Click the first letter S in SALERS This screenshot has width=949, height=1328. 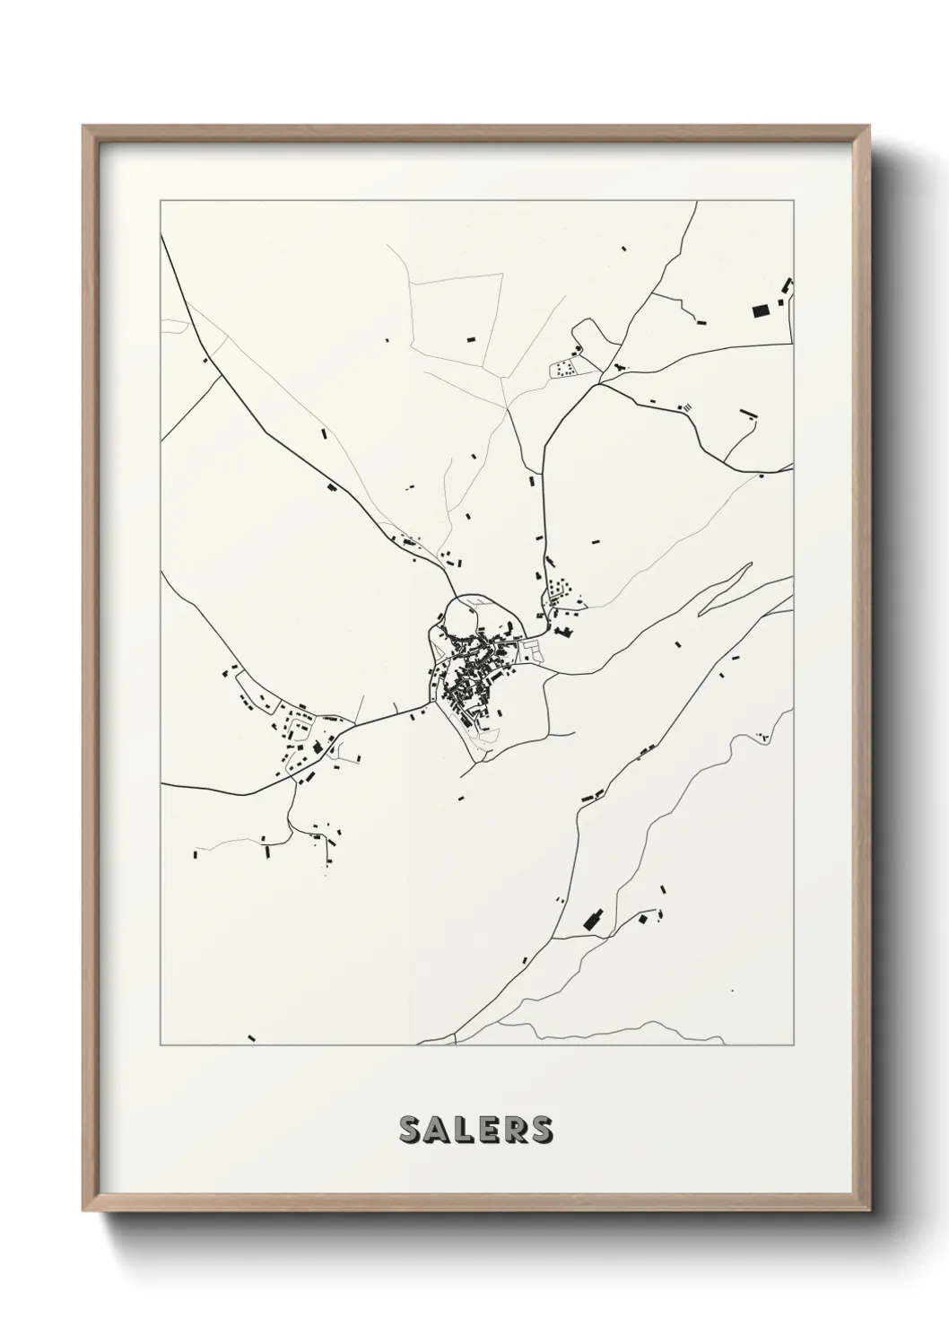(x=410, y=1130)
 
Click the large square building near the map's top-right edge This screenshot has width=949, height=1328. (x=760, y=310)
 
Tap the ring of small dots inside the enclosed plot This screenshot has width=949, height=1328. (x=563, y=368)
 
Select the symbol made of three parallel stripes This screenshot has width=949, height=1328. (x=686, y=406)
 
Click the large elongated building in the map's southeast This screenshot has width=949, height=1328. (x=592, y=920)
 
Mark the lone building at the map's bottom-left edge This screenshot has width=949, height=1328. (x=252, y=1037)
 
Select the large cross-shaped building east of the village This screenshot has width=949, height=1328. (x=566, y=633)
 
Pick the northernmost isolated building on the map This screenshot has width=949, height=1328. (x=623, y=248)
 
